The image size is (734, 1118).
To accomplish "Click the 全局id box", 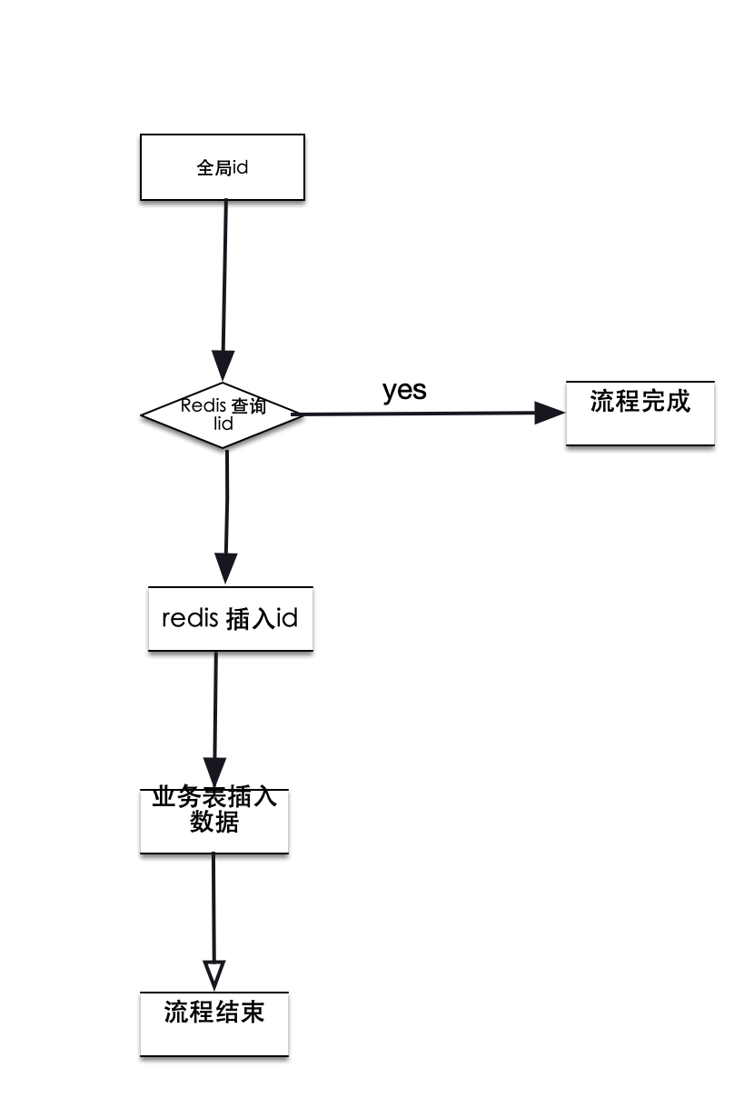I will coord(222,167).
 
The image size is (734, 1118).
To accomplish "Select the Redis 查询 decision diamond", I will coord(222,414).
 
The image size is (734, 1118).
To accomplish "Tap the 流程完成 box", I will coord(640,413).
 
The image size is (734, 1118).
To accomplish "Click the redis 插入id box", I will coord(230,618).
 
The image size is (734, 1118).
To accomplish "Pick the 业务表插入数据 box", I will coord(214,820).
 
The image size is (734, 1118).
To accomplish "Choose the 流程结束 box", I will coord(214,1023).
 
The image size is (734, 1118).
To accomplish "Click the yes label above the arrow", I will coord(404,390).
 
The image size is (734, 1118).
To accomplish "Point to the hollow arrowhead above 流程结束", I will coord(213,975).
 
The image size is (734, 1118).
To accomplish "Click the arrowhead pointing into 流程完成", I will coord(549,413).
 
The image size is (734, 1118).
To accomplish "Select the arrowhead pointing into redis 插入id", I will coord(225,568).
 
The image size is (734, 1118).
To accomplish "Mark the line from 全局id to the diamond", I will coord(224,273).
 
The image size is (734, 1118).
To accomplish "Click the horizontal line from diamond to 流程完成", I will coord(418,414).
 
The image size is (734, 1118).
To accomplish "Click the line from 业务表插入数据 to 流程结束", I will coord(213,909).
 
